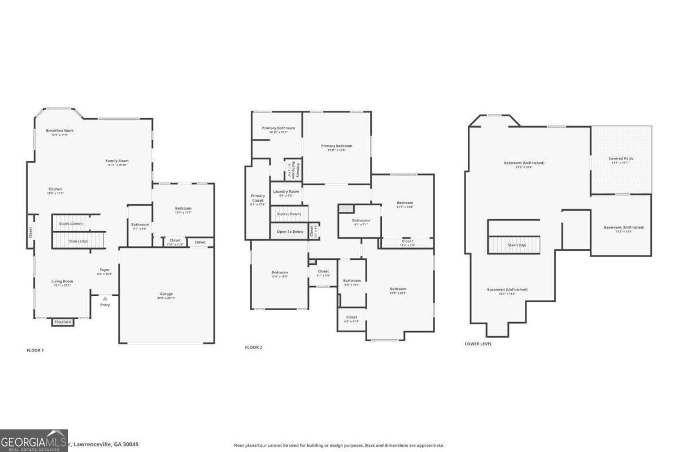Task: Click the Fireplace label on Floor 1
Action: (x=62, y=322)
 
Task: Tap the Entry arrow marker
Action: (x=105, y=298)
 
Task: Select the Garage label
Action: (x=166, y=294)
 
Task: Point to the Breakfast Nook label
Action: (x=60, y=131)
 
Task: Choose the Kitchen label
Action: (x=55, y=189)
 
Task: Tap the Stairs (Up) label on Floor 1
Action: (x=79, y=241)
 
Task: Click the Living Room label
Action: (x=62, y=281)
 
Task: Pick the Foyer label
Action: (x=105, y=270)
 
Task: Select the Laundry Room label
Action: (x=286, y=192)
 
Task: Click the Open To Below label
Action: (x=290, y=232)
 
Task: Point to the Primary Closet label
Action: (x=258, y=198)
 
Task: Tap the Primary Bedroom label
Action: (x=337, y=146)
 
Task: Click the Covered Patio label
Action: (x=621, y=159)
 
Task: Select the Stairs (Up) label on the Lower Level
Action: (x=517, y=245)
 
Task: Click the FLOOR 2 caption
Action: (x=254, y=347)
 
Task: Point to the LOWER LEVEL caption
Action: (x=478, y=344)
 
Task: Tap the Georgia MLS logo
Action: (x=34, y=441)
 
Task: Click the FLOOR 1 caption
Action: (x=35, y=350)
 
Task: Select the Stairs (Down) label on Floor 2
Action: (x=289, y=214)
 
